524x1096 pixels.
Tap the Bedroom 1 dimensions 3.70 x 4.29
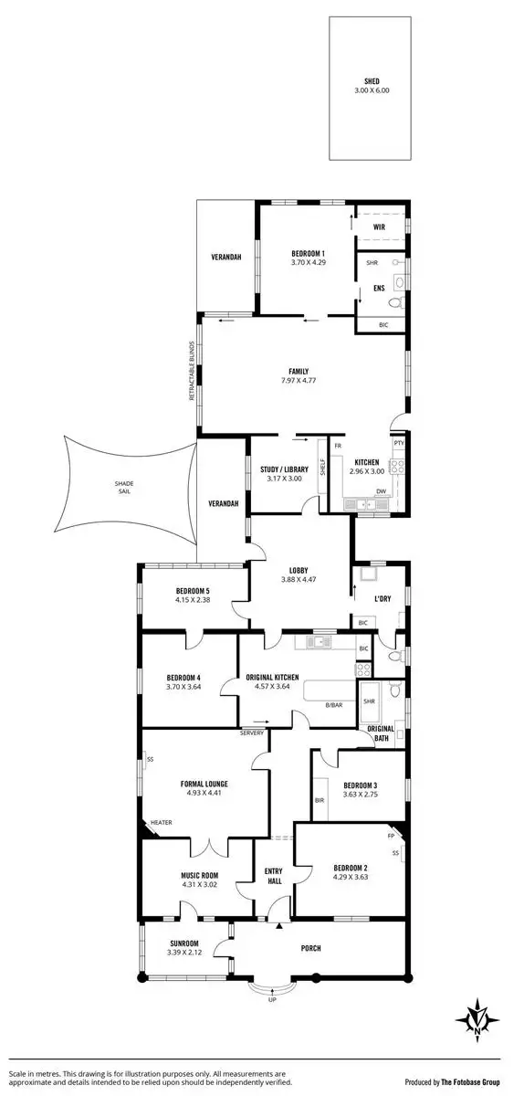pyautogui.click(x=308, y=263)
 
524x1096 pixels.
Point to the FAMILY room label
pyautogui.click(x=298, y=372)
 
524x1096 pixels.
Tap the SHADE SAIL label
pyautogui.click(x=124, y=486)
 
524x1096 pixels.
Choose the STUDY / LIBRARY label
pyautogui.click(x=283, y=470)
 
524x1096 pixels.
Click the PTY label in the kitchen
pyautogui.click(x=399, y=444)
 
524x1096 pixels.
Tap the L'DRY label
pyautogui.click(x=384, y=598)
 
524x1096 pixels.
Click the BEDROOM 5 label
pyautogui.click(x=193, y=591)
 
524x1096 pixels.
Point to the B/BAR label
pyautogui.click(x=333, y=704)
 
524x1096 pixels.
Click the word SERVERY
pyautogui.click(x=252, y=733)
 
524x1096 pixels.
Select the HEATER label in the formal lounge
pyautogui.click(x=162, y=822)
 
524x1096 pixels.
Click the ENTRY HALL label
pyautogui.click(x=274, y=875)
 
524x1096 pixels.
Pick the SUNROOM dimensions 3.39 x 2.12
pyautogui.click(x=183, y=953)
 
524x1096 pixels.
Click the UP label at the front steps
pyautogui.click(x=272, y=1000)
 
